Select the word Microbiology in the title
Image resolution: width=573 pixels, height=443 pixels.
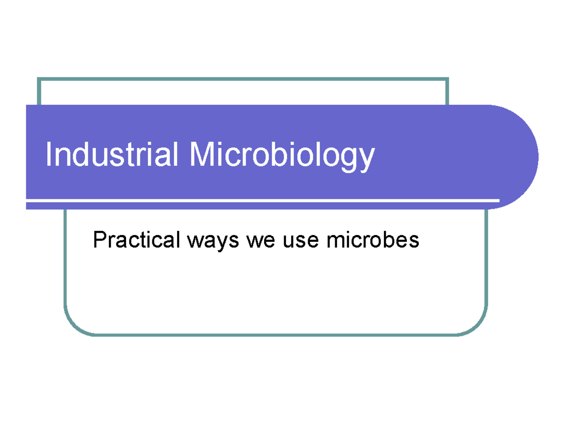point(282,156)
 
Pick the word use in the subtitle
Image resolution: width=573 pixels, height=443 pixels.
point(300,240)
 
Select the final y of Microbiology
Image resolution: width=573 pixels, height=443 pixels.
point(366,159)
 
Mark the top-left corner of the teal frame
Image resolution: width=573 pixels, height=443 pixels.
point(39,79)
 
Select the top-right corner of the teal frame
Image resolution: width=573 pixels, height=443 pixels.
point(447,79)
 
